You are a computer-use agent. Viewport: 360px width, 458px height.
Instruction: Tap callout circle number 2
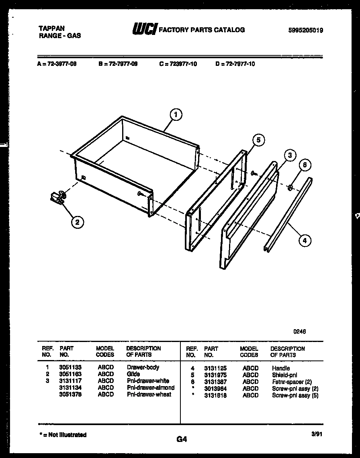point(78,222)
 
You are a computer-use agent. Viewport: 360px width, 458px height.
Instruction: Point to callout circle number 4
point(305,240)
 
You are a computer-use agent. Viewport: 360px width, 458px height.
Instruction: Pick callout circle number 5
point(259,140)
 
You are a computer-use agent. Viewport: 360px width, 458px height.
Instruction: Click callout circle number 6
point(305,165)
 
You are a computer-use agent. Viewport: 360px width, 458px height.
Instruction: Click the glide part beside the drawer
point(58,197)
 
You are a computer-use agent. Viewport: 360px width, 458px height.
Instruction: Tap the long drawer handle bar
point(288,214)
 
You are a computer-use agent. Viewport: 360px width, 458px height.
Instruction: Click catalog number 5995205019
point(305,30)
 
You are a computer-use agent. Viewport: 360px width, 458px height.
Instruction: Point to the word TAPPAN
point(51,28)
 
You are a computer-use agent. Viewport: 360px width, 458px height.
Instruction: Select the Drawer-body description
point(143,367)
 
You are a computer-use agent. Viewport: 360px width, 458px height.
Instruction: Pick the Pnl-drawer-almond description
point(151,388)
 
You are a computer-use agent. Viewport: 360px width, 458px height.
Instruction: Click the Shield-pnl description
point(284,375)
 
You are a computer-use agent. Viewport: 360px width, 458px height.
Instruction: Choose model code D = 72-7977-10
point(235,64)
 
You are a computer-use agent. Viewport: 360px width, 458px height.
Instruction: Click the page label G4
point(182,440)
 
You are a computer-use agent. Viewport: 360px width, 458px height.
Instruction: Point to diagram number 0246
point(300,332)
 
